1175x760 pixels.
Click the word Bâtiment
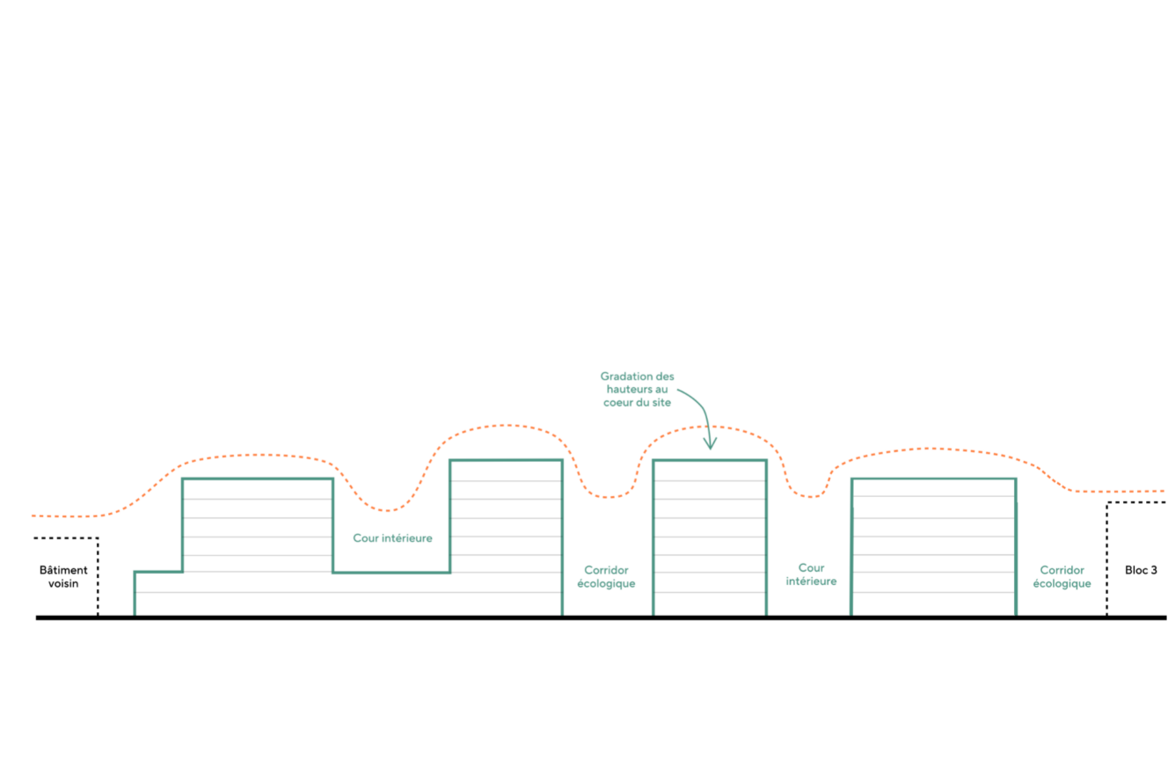click(x=63, y=570)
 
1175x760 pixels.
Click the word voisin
click(x=63, y=583)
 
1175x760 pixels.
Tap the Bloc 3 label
click(x=1141, y=570)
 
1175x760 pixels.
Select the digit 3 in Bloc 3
click(x=1154, y=570)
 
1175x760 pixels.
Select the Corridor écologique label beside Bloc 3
click(x=1062, y=576)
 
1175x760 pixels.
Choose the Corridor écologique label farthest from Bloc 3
click(x=606, y=576)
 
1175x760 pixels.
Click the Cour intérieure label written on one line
click(x=392, y=538)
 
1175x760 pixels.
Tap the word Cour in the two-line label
click(x=811, y=567)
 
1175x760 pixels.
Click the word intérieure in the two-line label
click(x=811, y=581)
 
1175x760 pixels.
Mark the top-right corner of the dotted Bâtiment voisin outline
click(x=98, y=538)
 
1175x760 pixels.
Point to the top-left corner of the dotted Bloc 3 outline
click(x=1106, y=502)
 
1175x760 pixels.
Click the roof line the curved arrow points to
click(x=710, y=461)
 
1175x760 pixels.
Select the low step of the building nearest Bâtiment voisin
click(x=158, y=572)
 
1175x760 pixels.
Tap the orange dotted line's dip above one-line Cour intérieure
click(x=387, y=510)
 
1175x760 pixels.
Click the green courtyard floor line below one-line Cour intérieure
click(x=391, y=573)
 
